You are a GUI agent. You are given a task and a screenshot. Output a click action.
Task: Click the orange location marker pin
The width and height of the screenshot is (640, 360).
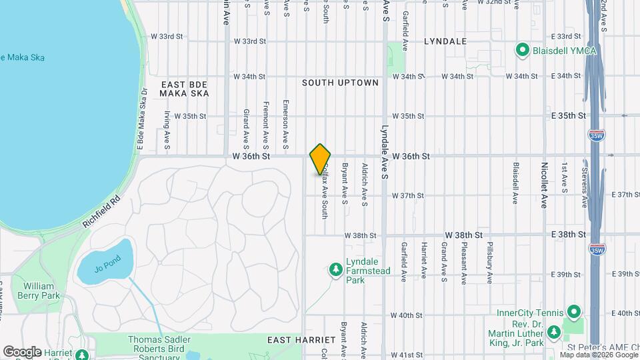pyautogui.click(x=320, y=159)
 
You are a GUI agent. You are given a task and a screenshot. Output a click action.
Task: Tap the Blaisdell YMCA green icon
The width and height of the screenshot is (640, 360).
pyautogui.click(x=522, y=50)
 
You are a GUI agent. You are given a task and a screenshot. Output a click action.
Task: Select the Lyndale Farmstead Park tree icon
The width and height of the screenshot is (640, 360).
pyautogui.click(x=336, y=269)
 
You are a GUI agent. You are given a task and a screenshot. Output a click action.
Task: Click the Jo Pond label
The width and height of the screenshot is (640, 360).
pyautogui.click(x=107, y=267)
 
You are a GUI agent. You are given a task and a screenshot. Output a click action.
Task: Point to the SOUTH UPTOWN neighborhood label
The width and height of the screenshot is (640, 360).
pyautogui.click(x=340, y=83)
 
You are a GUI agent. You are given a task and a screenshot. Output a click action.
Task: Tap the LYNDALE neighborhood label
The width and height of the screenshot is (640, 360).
pyautogui.click(x=445, y=41)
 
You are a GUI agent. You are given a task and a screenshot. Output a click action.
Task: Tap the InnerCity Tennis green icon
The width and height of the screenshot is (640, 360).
pyautogui.click(x=573, y=312)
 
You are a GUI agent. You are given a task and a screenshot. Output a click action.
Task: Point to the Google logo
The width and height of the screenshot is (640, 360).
pyautogui.click(x=22, y=351)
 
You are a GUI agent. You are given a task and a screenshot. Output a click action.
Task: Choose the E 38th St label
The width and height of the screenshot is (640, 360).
pyautogui.click(x=567, y=235)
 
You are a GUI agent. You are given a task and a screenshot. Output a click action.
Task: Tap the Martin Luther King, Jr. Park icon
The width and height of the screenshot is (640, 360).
pyautogui.click(x=553, y=331)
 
